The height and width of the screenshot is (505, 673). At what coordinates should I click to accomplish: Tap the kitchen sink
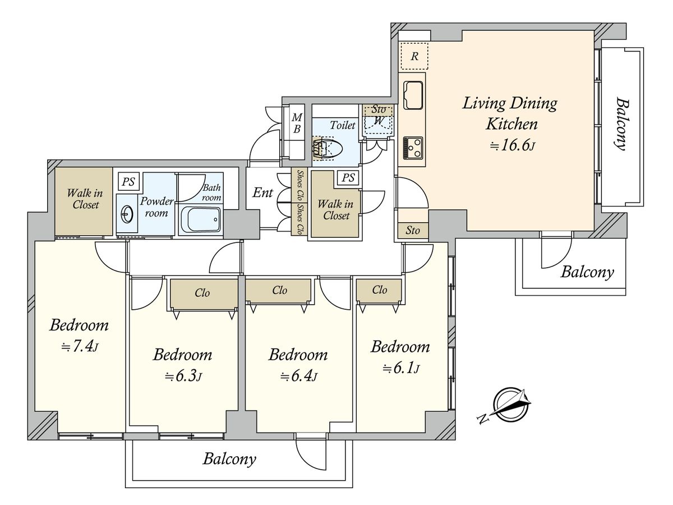click(413, 95)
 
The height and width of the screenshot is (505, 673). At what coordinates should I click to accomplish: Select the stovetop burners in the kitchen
click(413, 148)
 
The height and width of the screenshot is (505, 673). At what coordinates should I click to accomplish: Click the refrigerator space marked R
click(414, 56)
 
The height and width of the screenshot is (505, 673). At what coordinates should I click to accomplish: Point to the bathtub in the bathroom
click(201, 219)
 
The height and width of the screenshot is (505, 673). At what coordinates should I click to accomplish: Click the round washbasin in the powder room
click(126, 214)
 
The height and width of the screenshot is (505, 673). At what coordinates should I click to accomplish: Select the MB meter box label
click(297, 123)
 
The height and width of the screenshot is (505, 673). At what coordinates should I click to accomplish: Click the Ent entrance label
click(262, 192)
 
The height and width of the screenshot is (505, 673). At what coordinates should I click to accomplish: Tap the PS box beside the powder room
click(129, 181)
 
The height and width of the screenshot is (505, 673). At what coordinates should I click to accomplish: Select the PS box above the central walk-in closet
click(348, 177)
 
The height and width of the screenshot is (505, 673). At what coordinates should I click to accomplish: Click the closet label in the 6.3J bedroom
click(202, 293)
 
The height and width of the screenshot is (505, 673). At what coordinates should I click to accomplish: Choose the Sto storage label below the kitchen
click(412, 230)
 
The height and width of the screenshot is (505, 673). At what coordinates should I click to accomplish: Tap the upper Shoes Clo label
click(300, 185)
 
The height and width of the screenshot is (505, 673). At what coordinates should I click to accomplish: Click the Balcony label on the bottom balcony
click(229, 460)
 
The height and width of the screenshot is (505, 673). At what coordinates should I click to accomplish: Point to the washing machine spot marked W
click(379, 121)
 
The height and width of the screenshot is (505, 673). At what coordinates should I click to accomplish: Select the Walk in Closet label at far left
click(85, 199)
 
